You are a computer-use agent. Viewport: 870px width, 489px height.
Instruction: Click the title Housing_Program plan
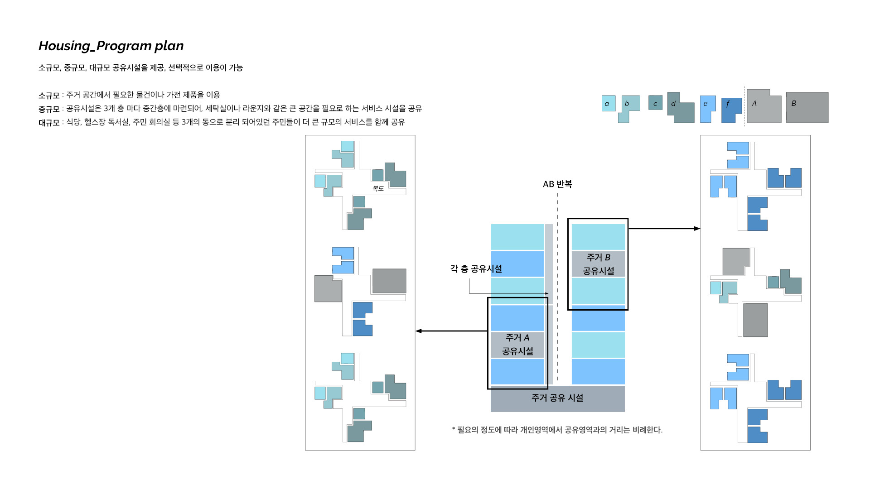[x=111, y=46]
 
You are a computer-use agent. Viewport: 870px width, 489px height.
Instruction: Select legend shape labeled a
[x=609, y=103]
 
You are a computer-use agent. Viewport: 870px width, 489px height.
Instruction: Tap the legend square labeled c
[x=655, y=103]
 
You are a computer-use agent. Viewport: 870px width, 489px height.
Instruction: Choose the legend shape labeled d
[x=680, y=109]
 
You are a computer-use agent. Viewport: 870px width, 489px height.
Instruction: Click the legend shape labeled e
[x=707, y=106]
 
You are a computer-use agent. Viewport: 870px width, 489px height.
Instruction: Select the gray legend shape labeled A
[x=764, y=108]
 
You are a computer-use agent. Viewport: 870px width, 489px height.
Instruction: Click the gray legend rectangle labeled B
[x=807, y=107]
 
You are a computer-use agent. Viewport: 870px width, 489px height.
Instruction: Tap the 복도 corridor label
[x=378, y=188]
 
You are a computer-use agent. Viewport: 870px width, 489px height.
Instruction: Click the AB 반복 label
[x=557, y=184]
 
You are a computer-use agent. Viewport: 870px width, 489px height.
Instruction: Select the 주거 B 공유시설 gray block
[x=598, y=264]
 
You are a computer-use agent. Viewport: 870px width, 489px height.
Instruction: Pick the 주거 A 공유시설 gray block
[x=517, y=345]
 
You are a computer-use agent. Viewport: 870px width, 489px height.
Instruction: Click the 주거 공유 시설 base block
[x=557, y=398]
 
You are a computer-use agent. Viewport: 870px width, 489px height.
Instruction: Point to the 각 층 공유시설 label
[x=476, y=269]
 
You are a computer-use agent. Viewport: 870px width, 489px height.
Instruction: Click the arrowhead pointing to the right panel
[x=697, y=229]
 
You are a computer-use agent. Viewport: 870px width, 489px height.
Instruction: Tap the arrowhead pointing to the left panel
[x=419, y=331]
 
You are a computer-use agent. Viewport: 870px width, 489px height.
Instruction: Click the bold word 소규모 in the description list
[x=49, y=96]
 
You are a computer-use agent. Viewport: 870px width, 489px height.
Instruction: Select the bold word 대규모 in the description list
[x=49, y=123]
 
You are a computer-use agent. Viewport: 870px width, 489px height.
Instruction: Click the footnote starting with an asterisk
[x=557, y=430]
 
